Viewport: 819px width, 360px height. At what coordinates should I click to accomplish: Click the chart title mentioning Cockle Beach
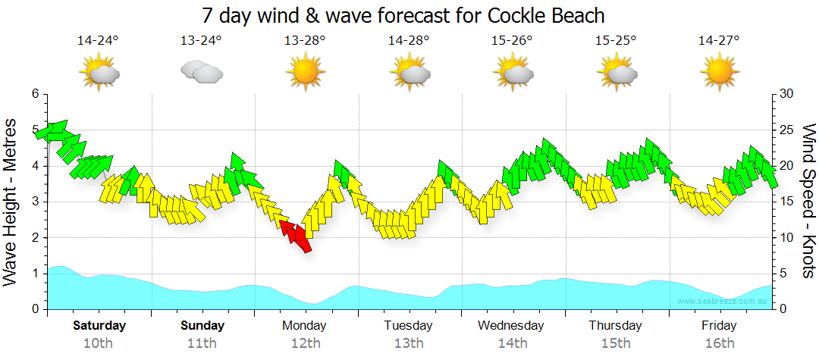[403, 15]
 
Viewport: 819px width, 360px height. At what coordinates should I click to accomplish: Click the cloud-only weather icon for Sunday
[201, 72]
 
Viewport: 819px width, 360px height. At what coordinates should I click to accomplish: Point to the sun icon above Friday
[719, 72]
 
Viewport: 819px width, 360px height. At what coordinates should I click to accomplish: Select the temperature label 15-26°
[512, 40]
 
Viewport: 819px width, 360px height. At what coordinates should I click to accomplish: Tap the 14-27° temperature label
[719, 40]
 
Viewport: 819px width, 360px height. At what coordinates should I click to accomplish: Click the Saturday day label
[99, 326]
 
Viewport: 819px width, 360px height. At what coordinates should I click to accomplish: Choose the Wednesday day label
[511, 326]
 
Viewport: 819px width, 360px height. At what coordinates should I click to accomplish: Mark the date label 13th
[408, 343]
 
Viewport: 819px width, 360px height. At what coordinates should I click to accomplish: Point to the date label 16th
[719, 343]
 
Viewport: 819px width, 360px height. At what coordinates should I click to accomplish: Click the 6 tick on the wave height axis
[35, 94]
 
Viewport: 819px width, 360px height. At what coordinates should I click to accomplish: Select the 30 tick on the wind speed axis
[787, 94]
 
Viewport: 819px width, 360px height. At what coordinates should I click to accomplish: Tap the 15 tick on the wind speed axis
[787, 202]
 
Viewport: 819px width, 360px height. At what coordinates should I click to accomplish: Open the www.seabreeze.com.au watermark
[723, 302]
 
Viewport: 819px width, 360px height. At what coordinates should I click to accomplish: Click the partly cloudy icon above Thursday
[616, 72]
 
